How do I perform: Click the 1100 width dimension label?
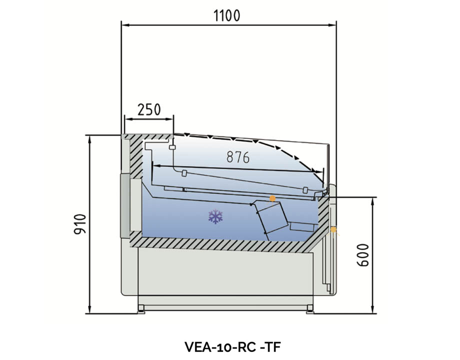point(227,15)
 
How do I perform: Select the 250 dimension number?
point(148,109)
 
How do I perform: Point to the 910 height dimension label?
point(81,225)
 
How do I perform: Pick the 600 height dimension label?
point(363,256)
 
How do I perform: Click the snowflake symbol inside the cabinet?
point(215,216)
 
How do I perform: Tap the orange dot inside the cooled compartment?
point(272,198)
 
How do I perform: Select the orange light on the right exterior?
point(333,230)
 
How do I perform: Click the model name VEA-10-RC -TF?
point(229,346)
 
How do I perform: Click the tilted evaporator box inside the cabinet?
point(270,217)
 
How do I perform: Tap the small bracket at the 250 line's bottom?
point(172,147)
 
